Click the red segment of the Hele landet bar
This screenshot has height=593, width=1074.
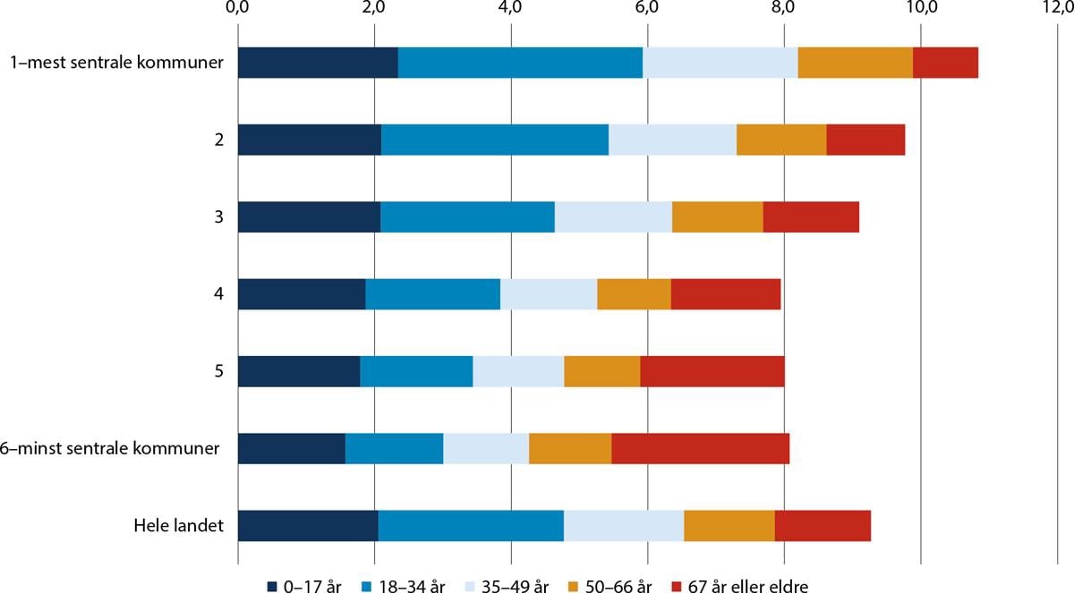click(x=823, y=525)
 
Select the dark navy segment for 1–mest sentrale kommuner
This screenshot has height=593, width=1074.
click(x=318, y=63)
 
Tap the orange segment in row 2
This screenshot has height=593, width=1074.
click(x=781, y=140)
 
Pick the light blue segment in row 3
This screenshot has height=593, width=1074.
click(x=613, y=216)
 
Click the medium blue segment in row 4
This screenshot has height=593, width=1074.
click(x=432, y=293)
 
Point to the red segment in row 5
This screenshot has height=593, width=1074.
click(x=712, y=371)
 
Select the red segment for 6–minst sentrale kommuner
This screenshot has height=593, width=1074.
click(x=701, y=448)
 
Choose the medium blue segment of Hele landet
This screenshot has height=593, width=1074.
click(x=471, y=525)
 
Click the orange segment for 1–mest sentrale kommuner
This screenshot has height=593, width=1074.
click(x=855, y=63)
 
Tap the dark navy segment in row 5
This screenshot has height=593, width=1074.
click(x=299, y=371)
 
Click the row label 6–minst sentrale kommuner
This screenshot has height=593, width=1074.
click(x=115, y=448)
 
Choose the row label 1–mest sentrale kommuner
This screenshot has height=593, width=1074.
click(x=117, y=63)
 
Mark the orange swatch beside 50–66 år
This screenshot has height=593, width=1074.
click(x=574, y=586)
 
